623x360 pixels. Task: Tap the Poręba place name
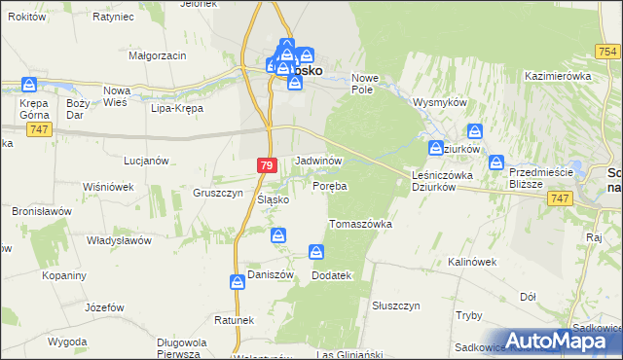tap(330, 185)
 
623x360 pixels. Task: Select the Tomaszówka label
tap(360, 224)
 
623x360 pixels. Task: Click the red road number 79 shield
tap(267, 166)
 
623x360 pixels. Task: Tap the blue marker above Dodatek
tap(316, 253)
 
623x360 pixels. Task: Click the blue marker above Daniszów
tap(238, 282)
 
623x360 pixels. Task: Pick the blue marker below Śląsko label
tap(278, 235)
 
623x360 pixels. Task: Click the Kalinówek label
tap(472, 262)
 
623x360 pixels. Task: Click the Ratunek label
tap(235, 320)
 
